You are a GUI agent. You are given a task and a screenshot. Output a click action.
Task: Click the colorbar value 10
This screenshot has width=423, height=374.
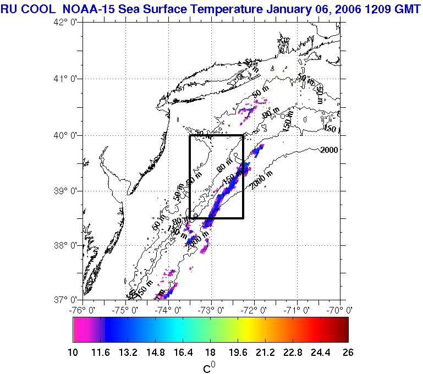coord(73,353)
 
